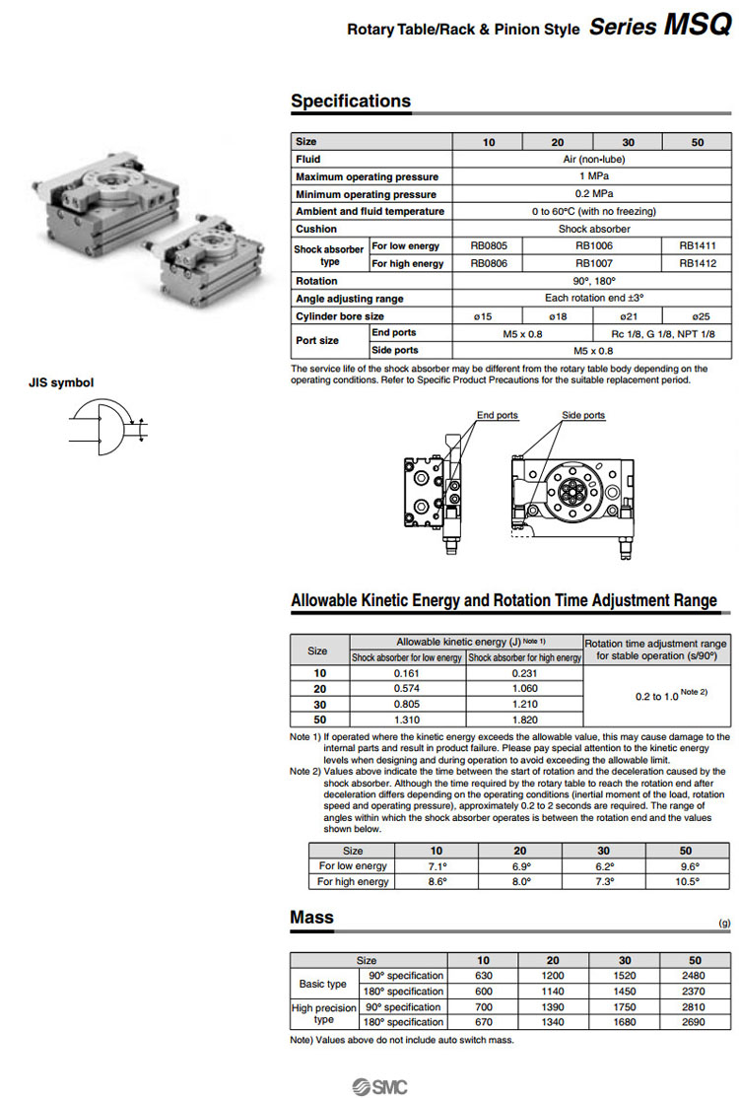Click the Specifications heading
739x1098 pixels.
click(x=351, y=102)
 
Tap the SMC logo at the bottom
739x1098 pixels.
click(x=378, y=1086)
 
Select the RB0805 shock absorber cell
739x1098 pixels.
click(x=488, y=246)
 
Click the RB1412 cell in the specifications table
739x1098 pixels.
click(x=698, y=264)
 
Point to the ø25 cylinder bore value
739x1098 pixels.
click(x=698, y=316)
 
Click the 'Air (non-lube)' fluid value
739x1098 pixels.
click(x=592, y=159)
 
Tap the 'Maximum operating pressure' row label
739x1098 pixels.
click(x=366, y=176)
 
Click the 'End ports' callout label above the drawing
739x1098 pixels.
click(x=498, y=416)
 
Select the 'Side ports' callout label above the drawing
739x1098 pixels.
click(x=583, y=416)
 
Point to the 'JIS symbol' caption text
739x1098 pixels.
click(x=61, y=382)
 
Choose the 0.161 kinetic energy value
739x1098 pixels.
click(x=408, y=673)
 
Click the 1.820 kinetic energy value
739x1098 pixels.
click(x=524, y=719)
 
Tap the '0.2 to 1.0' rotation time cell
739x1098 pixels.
click(x=656, y=696)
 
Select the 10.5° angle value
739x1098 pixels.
click(x=686, y=882)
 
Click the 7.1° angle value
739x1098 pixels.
click(x=437, y=866)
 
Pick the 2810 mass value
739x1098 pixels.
click(x=695, y=1007)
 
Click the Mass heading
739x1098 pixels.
click(x=311, y=918)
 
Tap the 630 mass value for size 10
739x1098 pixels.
click(x=483, y=976)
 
